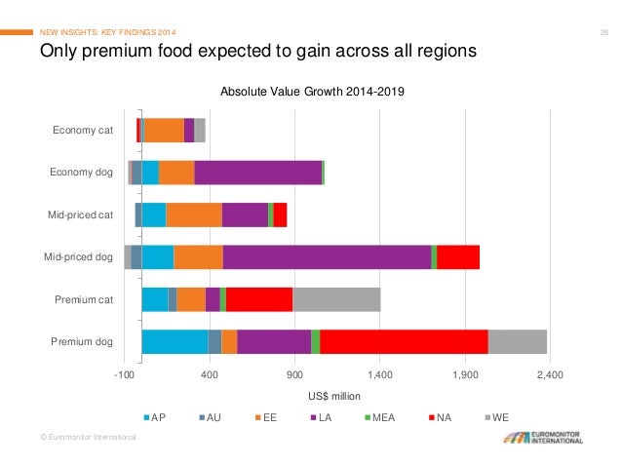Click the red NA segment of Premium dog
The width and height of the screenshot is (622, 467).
point(404,341)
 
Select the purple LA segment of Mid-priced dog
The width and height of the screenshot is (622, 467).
point(327,257)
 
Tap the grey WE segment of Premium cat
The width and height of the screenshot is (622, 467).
point(336,299)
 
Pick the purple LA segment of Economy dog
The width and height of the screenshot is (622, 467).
point(257,173)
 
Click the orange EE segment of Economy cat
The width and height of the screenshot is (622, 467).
point(164,130)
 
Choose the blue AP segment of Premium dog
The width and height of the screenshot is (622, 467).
point(175,341)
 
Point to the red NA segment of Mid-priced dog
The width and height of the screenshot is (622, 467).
point(458,257)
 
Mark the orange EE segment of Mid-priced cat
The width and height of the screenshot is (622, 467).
point(194,214)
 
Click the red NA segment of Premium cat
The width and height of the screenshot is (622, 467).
point(259,299)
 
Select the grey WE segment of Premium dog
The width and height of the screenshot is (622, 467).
point(517,341)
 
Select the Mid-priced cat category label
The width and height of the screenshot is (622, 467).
point(81,214)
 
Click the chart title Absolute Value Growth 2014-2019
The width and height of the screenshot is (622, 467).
point(312,92)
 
